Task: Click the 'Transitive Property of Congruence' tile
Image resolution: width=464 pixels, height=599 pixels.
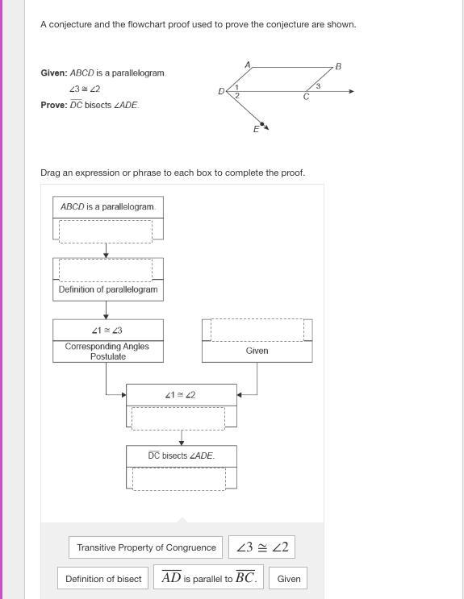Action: click(x=145, y=547)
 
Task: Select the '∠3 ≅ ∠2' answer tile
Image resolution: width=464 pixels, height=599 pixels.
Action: click(x=262, y=547)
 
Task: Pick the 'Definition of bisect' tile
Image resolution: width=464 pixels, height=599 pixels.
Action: click(x=103, y=579)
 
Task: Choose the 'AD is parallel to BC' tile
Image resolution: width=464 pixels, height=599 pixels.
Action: click(x=208, y=577)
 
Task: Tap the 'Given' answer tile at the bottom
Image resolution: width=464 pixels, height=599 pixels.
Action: click(x=288, y=579)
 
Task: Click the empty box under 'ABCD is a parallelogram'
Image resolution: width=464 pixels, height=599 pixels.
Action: click(x=106, y=231)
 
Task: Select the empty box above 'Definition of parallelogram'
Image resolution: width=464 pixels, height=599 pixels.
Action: click(x=106, y=270)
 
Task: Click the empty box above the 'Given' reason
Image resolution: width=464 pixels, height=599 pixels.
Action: click(x=257, y=330)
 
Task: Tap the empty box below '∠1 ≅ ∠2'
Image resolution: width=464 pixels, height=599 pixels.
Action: click(x=178, y=418)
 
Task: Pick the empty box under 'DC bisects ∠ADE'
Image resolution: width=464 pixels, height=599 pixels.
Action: click(x=179, y=479)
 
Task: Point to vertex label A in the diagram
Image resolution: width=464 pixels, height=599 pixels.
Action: click(x=248, y=64)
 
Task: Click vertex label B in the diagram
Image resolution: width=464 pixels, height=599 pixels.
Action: click(x=338, y=66)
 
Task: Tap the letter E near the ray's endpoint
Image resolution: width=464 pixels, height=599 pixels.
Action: click(x=256, y=129)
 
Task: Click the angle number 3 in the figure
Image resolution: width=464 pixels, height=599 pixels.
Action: click(x=318, y=86)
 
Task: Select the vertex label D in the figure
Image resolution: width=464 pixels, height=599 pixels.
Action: click(x=221, y=91)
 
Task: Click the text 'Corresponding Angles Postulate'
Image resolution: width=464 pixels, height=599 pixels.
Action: click(x=107, y=351)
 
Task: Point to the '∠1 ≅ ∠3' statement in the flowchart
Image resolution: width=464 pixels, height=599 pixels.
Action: click(x=107, y=330)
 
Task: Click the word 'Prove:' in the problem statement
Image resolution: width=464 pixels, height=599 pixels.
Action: click(x=54, y=105)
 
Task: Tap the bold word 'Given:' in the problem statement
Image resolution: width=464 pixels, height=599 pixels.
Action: click(x=54, y=73)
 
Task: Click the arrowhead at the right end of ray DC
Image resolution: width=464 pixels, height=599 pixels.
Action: click(x=352, y=91)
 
